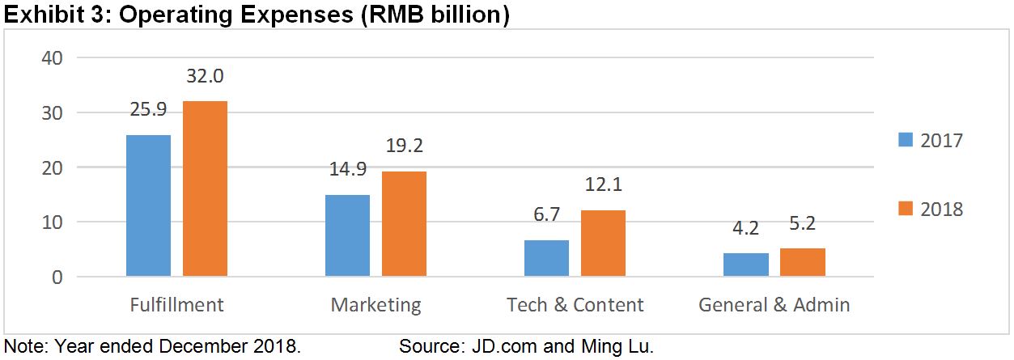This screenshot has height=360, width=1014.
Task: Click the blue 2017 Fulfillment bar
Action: click(x=148, y=205)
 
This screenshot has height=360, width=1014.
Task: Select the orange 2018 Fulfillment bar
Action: click(x=205, y=188)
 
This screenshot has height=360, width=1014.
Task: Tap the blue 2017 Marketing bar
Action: click(x=347, y=235)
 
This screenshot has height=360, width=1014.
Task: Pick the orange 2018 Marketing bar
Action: click(x=404, y=224)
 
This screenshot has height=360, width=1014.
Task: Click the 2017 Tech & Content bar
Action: click(x=546, y=258)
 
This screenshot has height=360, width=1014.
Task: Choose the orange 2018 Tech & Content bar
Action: click(x=603, y=244)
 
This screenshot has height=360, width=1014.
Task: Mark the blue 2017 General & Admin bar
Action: click(x=745, y=265)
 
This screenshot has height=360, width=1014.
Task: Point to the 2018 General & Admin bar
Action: click(x=802, y=262)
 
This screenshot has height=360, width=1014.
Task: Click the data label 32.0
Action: click(x=205, y=76)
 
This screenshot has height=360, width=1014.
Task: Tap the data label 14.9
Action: click(x=347, y=170)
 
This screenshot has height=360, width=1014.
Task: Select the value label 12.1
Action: click(x=603, y=185)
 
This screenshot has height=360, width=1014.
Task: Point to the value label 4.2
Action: click(x=745, y=229)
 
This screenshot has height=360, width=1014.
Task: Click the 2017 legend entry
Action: click(x=931, y=140)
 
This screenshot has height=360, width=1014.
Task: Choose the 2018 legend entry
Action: click(x=931, y=209)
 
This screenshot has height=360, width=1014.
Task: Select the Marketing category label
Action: click(x=375, y=305)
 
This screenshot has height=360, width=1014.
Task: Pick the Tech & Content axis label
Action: click(x=575, y=305)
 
